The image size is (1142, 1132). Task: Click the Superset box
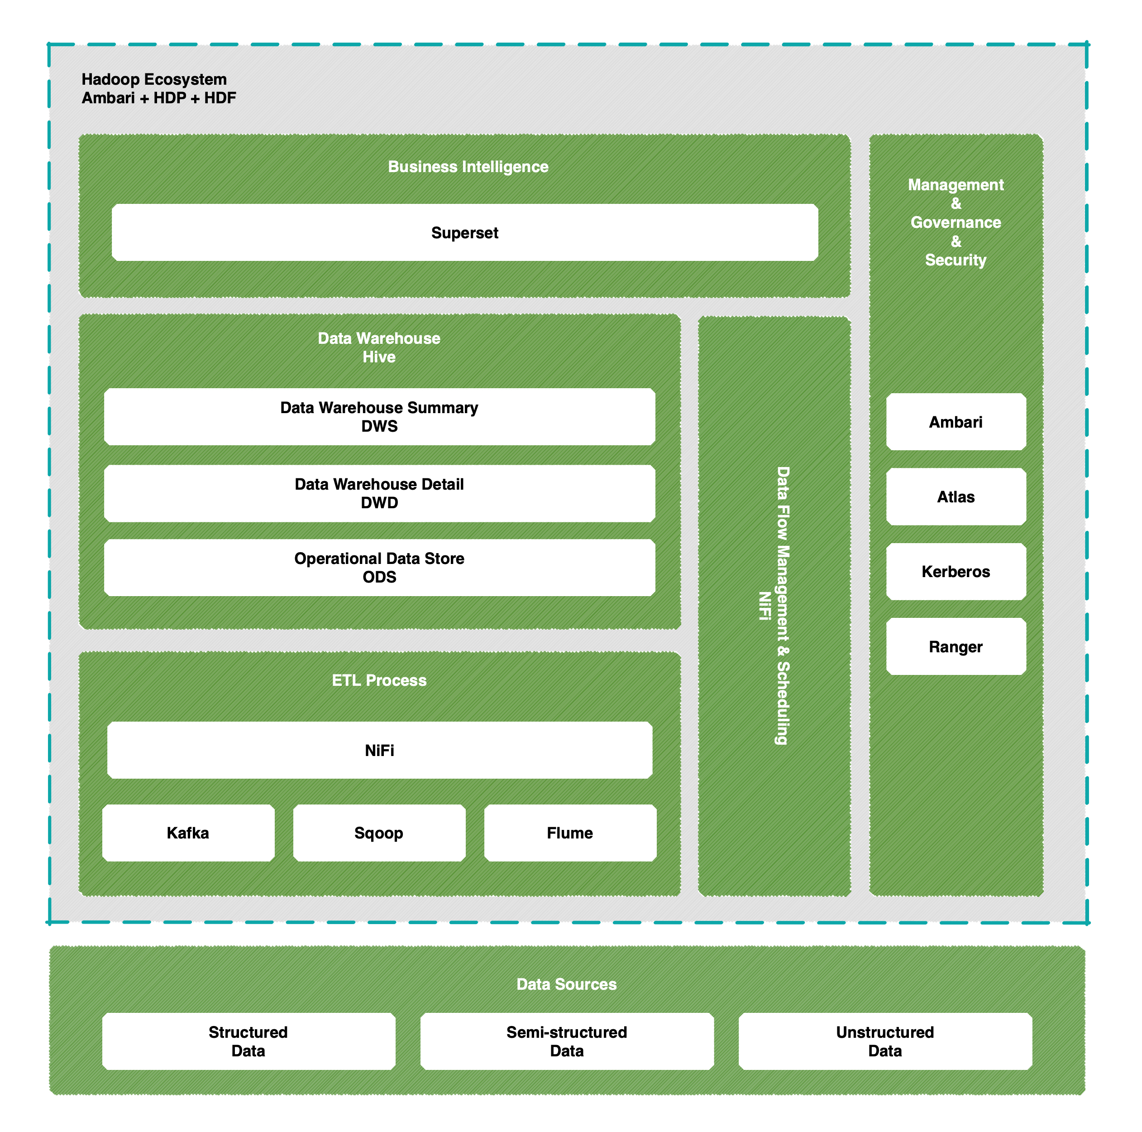point(464,232)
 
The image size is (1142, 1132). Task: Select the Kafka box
point(188,833)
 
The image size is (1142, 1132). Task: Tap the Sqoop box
point(379,833)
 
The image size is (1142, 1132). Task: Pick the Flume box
point(570,833)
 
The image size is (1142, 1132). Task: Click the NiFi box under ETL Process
point(379,750)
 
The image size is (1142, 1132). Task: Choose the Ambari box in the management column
point(956,422)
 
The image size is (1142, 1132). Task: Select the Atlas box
point(956,497)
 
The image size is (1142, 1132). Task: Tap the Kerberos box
point(956,571)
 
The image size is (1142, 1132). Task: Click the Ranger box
point(956,646)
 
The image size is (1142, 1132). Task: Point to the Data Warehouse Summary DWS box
point(379,416)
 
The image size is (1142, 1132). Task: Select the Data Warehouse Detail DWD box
point(379,493)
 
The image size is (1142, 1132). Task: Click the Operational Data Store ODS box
point(379,567)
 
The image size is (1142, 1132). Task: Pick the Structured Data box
point(248,1041)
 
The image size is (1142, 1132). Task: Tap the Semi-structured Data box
point(567,1041)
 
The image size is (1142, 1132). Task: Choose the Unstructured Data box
point(885,1041)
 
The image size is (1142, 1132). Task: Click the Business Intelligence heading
point(468,167)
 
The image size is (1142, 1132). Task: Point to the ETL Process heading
point(379,680)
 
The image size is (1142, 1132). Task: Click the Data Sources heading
point(566,984)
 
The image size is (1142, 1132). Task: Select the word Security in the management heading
point(956,260)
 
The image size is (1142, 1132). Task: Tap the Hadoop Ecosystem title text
point(154,79)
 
